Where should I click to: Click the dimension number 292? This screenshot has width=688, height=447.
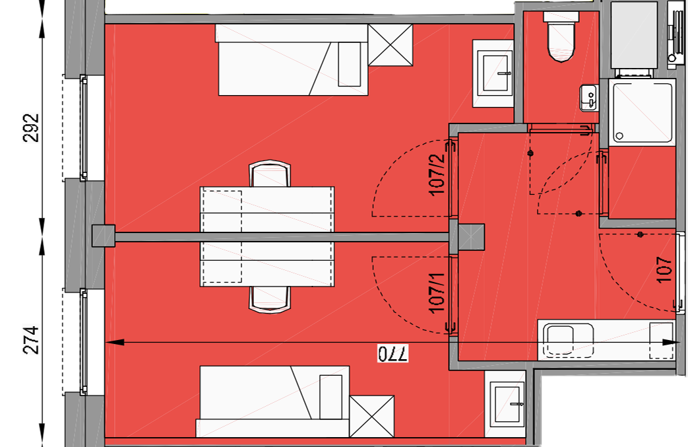coord(32,128)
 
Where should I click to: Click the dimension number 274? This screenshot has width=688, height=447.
coord(32,340)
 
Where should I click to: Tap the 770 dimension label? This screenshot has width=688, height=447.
coord(393,353)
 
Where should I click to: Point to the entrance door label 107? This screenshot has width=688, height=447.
coord(664,269)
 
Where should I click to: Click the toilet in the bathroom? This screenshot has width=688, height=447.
coord(561,37)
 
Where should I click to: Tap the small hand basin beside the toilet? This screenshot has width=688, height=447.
coord(589,98)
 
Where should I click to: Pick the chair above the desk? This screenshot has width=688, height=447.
coord(270,174)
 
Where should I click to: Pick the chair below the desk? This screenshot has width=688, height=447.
coord(270,300)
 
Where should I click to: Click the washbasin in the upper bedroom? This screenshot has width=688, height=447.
coord(493,73)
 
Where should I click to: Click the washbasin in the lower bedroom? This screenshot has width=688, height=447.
coord(505,404)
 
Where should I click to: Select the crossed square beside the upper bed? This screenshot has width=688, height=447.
coord(390,45)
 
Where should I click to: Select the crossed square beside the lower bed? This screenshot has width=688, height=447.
coord(371,416)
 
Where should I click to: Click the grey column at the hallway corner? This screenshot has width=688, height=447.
coord(471,237)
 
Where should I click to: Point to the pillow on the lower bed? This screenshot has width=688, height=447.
coord(331,397)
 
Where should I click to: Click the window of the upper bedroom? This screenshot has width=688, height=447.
coord(83,127)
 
